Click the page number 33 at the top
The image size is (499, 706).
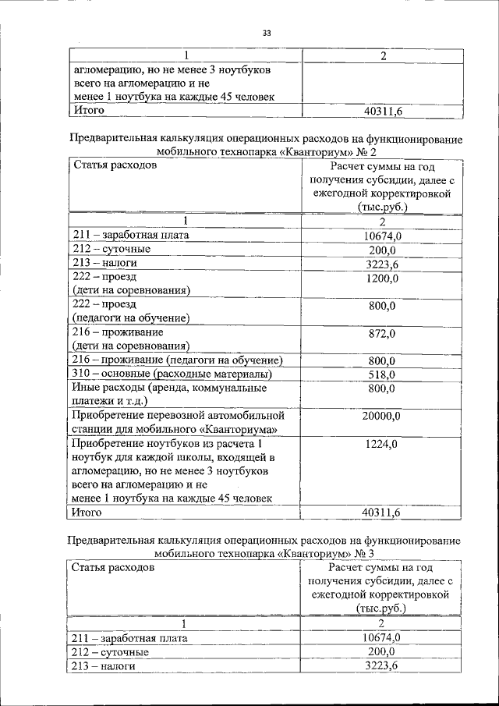[x=266, y=33]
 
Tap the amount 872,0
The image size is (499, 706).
[x=381, y=333]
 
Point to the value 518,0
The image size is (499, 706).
[x=381, y=374]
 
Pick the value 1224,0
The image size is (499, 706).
[x=381, y=444]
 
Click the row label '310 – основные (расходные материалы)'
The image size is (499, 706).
[x=175, y=374]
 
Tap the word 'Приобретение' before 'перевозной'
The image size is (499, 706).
[x=108, y=416]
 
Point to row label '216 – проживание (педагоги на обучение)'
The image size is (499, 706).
[x=176, y=360]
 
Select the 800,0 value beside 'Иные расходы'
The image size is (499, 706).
[x=381, y=388]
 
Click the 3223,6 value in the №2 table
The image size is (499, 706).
[x=381, y=264]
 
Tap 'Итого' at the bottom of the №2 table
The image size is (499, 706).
[x=88, y=513]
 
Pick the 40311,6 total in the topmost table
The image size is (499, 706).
[x=382, y=111]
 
